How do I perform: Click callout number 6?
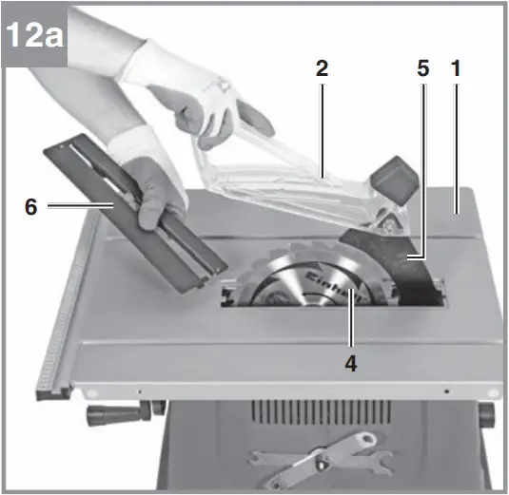(31, 206)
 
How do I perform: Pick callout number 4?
(352, 364)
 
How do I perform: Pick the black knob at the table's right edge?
(487, 415)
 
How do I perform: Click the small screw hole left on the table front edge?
(140, 390)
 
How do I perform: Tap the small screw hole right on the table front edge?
(445, 390)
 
